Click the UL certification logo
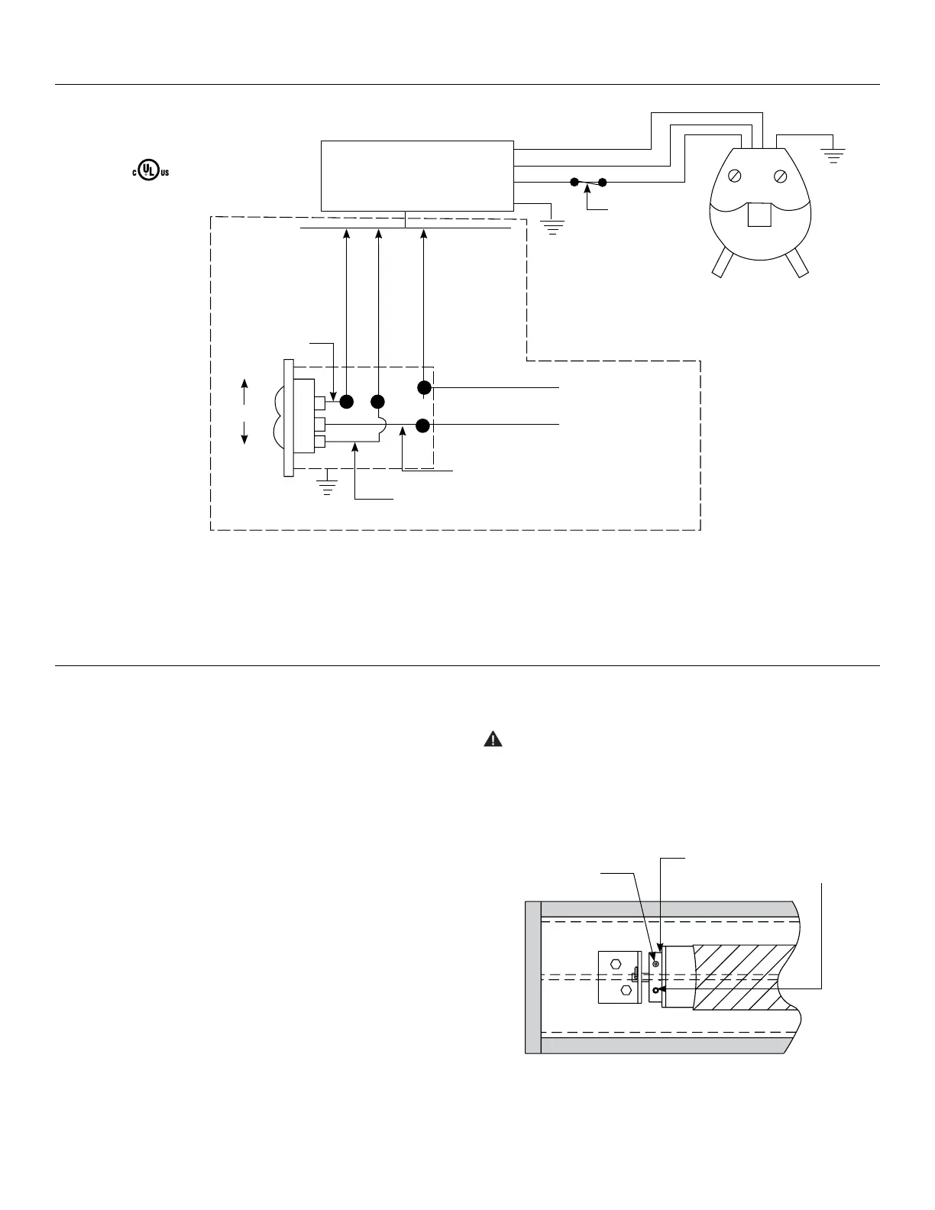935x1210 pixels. (x=148, y=171)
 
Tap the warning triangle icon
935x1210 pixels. (x=494, y=739)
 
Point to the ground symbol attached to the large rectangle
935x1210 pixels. (x=552, y=225)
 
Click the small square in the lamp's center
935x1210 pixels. (x=759, y=215)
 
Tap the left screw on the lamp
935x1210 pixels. (x=734, y=176)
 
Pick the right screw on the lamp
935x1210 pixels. (x=781, y=176)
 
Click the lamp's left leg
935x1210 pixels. (x=722, y=264)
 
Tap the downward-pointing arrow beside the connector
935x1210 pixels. (x=244, y=435)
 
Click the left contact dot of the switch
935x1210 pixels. (x=574, y=183)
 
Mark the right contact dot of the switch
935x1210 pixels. (x=603, y=183)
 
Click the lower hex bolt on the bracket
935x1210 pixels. (x=626, y=990)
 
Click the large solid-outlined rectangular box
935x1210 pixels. (x=417, y=176)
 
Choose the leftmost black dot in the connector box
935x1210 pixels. (x=346, y=401)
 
